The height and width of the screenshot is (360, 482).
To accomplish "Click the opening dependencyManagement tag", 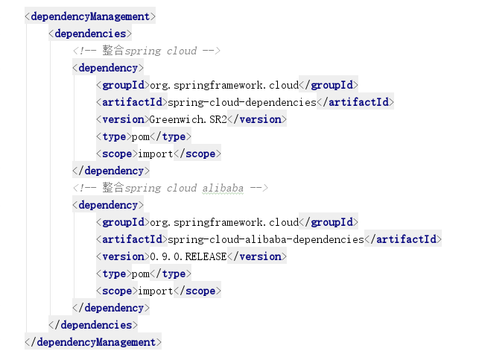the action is click(90, 16).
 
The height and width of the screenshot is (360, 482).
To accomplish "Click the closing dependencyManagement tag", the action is click(93, 342).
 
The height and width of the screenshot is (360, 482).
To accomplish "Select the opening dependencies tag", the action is click(90, 34).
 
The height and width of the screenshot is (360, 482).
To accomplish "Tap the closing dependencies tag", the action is click(93, 325).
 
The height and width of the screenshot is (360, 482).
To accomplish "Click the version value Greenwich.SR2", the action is click(188, 119).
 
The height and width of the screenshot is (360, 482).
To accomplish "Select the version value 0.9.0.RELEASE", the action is click(188, 256).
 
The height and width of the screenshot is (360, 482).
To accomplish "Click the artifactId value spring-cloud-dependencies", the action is click(242, 102).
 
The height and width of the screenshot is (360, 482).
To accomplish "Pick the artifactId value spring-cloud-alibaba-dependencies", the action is click(266, 239).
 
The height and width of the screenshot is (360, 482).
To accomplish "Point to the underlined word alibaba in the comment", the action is click(223, 188).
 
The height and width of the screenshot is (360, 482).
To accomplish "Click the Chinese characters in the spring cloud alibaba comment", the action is click(112, 187).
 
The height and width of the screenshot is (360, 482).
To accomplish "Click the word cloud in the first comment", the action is click(182, 51).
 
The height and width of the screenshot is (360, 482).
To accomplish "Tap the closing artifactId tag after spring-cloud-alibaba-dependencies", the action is click(403, 239).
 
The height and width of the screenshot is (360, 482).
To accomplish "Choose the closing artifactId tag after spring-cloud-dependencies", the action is click(355, 102).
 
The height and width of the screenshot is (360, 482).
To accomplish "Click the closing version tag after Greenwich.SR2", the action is click(257, 119).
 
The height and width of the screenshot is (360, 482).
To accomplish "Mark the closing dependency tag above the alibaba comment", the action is click(111, 171).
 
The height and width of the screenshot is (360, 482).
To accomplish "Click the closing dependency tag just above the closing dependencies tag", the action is click(111, 307).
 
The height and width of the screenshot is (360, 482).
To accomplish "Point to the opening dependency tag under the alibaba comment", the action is click(108, 205).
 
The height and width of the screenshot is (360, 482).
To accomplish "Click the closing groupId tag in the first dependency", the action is click(329, 84).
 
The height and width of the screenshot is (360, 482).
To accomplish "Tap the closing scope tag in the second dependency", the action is click(197, 291).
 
